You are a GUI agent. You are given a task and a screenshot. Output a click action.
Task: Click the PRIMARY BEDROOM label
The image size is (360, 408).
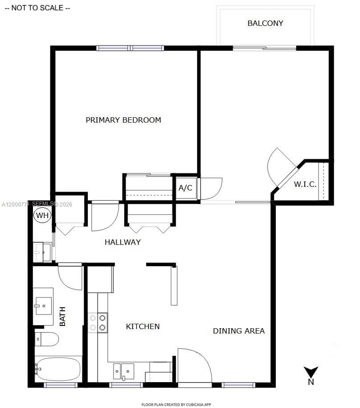(123, 120)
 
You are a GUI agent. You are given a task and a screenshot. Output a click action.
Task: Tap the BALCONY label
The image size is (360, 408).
(265, 23)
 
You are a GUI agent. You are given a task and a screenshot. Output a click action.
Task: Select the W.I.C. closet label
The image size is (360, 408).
(305, 184)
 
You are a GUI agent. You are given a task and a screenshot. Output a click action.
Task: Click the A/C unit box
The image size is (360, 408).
(185, 188)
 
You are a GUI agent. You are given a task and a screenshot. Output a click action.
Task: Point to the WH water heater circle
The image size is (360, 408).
(42, 216)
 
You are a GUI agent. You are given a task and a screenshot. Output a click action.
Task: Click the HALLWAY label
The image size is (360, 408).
(123, 242)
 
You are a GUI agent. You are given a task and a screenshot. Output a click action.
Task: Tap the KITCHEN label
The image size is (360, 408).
(143, 326)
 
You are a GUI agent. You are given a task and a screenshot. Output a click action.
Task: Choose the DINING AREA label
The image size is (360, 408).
(238, 331)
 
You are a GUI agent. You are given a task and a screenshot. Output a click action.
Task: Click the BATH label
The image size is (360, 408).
(62, 316)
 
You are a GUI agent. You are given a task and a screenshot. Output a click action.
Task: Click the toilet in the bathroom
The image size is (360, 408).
(46, 339)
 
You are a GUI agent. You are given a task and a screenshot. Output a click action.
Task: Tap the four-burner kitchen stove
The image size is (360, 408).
(98, 323)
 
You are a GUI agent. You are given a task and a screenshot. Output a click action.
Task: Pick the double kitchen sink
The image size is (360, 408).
(123, 371)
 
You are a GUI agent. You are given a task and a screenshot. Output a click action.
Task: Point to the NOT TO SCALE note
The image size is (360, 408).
(37, 8)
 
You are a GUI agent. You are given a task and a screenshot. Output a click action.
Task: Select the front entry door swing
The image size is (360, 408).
(194, 366)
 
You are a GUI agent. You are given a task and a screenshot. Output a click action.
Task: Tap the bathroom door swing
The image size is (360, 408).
(70, 277)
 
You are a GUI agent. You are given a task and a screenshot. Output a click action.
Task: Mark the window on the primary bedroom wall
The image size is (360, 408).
(130, 48)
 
